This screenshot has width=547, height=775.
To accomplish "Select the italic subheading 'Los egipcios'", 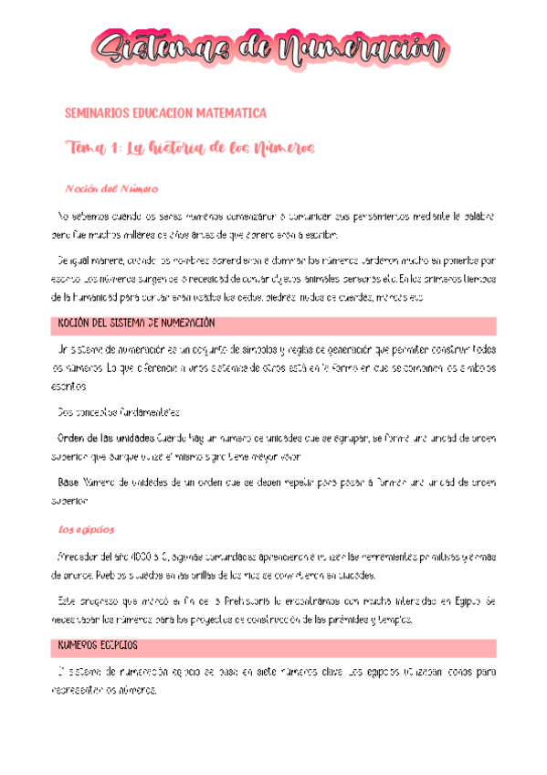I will tap(86, 529).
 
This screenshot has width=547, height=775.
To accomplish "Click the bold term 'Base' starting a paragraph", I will tap(68, 481).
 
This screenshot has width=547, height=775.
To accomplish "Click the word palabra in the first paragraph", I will tap(475, 218).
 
